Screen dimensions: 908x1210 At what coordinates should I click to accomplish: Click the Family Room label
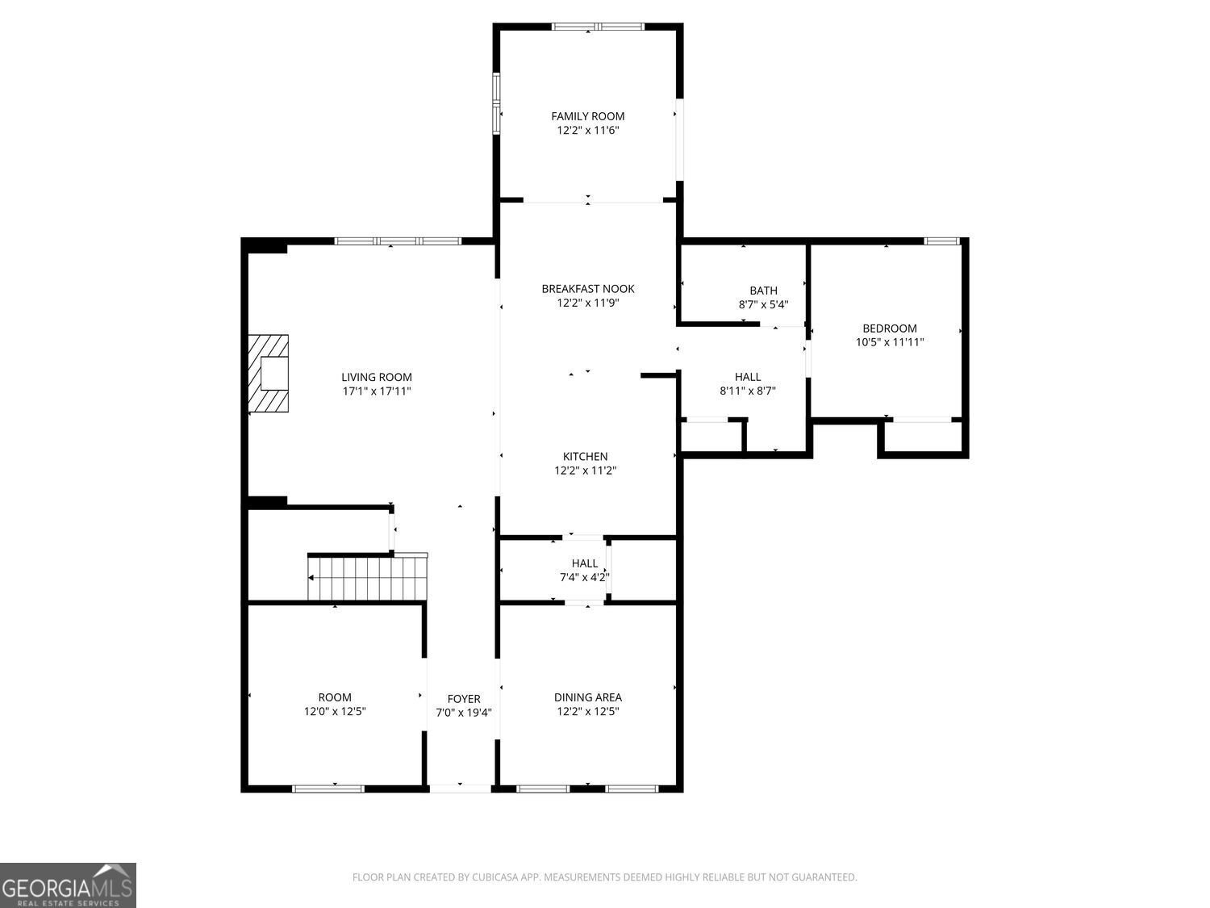pos(587,116)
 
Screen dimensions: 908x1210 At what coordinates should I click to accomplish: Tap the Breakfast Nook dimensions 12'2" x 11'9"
pos(587,303)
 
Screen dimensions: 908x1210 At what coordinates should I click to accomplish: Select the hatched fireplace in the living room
pos(268,374)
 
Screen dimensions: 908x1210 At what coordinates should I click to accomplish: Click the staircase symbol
pos(368,578)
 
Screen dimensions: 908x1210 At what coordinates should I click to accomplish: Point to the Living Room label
pos(376,377)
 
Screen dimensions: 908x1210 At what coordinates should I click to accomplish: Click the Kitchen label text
pos(585,457)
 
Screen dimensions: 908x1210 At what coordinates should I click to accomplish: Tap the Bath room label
pos(763,291)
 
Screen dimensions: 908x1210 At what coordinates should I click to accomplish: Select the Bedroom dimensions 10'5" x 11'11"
pos(889,342)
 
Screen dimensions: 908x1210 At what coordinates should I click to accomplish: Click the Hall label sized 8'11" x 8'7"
pos(747,377)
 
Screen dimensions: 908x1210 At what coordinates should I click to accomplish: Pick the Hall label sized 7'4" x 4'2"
pos(584,563)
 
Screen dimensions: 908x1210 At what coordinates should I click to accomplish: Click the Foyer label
pos(463,699)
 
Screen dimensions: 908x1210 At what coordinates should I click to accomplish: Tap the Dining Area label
pos(587,697)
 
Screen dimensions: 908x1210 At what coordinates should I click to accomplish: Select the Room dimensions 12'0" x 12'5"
pos(335,712)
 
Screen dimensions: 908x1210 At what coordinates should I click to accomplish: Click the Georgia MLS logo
pos(68,885)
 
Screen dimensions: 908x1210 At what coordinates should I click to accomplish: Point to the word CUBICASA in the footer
pos(494,877)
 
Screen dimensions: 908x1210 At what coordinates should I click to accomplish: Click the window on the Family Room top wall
pos(598,27)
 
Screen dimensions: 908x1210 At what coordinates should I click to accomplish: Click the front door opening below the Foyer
pos(460,788)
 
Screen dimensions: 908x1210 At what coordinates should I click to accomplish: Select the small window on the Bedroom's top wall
pos(941,241)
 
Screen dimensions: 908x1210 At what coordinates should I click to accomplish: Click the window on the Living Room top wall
pos(398,241)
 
